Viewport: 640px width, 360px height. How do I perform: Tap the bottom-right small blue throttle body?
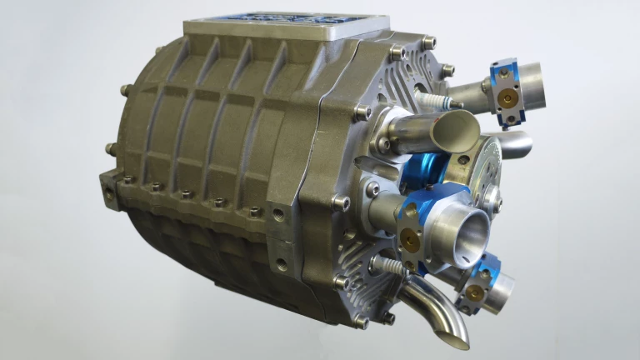[482, 282]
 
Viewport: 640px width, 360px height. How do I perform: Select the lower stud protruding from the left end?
[109, 150]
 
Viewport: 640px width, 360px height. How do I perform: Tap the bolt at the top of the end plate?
[428, 41]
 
